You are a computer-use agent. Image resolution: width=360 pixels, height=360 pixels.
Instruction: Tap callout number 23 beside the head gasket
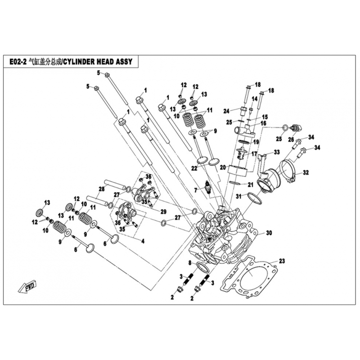[282, 261]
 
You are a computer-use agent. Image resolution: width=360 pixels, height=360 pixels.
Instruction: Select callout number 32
[306, 172]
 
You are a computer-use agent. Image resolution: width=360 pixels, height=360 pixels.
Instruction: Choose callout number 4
[143, 241]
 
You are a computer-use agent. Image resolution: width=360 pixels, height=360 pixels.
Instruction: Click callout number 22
[193, 168]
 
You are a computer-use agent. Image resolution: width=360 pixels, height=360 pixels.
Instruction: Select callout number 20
[222, 167]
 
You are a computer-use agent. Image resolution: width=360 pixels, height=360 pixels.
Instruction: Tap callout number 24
[227, 111]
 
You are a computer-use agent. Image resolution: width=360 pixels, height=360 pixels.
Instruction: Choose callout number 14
[254, 99]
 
